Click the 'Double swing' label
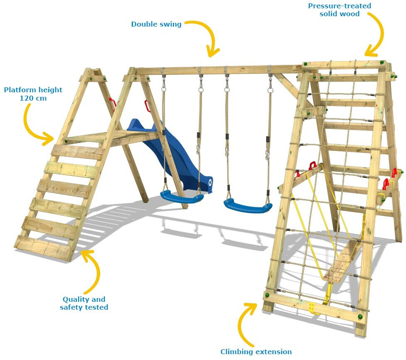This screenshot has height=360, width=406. click(x=156, y=24)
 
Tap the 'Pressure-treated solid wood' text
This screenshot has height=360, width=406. click(x=340, y=10)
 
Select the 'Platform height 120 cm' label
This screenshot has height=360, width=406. click(x=33, y=94)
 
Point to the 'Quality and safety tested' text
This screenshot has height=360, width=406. click(x=84, y=303)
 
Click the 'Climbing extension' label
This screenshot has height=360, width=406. click(x=256, y=352)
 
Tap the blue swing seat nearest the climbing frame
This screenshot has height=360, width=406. click(x=248, y=206)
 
